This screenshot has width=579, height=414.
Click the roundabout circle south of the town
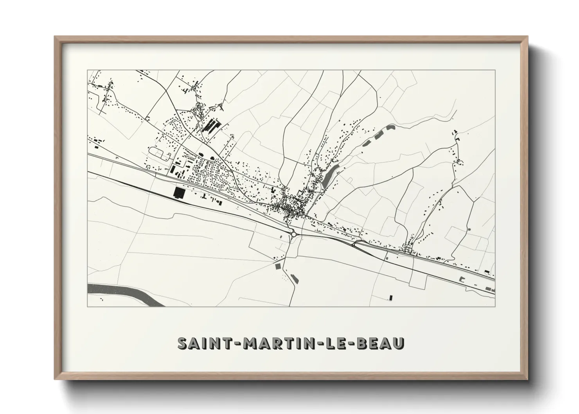click(x=293, y=234)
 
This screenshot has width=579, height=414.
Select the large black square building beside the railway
click(x=178, y=192)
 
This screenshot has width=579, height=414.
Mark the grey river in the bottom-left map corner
click(x=117, y=292)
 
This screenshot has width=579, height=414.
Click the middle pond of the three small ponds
click(x=379, y=135)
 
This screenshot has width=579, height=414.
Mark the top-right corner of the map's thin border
click(x=495, y=70)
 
